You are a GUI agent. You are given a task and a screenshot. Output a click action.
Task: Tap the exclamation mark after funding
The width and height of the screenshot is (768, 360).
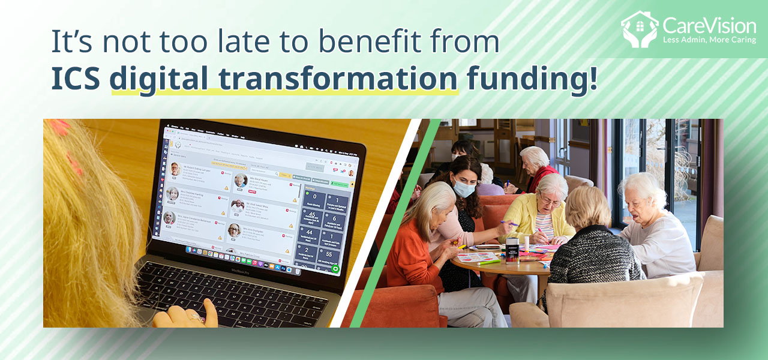[x=593, y=78]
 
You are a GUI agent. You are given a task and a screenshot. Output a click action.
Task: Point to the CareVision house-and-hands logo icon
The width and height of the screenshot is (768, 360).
[x=639, y=28]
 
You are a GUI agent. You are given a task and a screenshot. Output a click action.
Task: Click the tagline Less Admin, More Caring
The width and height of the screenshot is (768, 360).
[x=709, y=40]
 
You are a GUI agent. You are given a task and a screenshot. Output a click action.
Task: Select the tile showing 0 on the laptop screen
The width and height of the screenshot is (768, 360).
[x=314, y=197]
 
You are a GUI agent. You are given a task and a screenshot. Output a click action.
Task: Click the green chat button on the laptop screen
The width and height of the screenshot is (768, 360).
[x=335, y=268]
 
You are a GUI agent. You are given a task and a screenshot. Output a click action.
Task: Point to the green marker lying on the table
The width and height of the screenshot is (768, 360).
[x=489, y=262]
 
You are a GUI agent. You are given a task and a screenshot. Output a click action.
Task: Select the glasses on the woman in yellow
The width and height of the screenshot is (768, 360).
[x=549, y=202]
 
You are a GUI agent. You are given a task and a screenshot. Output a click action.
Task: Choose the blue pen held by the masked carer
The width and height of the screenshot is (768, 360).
[x=509, y=224]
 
